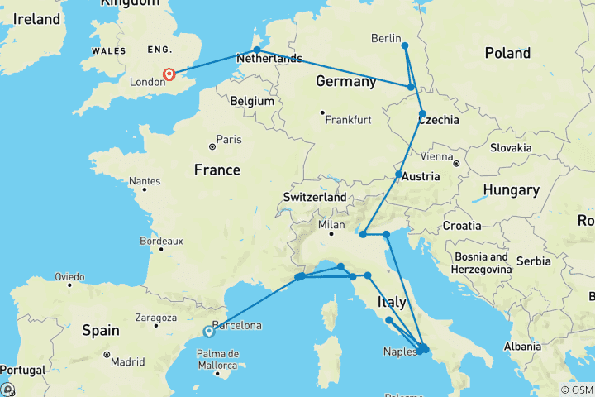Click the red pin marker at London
169,75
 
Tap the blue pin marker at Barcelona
208,332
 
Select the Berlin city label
385,39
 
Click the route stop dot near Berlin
404,45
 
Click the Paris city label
228,139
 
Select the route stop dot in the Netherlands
257,50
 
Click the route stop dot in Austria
398,175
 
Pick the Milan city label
332,225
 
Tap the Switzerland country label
314,198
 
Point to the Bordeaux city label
138,242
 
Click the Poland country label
507,53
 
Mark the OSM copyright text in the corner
576,390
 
